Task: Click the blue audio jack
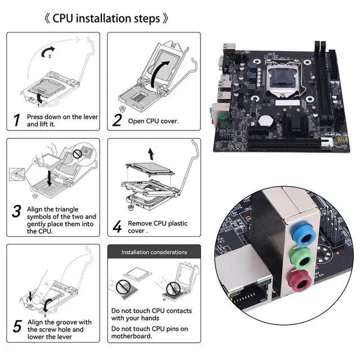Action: (304, 235)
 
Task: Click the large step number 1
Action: (16, 120)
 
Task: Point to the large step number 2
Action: (117, 120)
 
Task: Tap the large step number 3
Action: (16, 211)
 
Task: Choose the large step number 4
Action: (117, 227)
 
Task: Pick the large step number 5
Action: (17, 326)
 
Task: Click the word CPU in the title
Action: (62, 19)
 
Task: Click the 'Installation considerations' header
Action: (154, 252)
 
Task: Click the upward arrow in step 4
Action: (151, 154)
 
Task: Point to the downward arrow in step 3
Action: (49, 178)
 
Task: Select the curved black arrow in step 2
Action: (159, 74)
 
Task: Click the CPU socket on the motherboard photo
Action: (283, 79)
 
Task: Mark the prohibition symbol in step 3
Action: (77, 154)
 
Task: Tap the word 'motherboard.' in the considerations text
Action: (132, 336)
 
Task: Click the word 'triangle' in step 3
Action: (67, 210)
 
